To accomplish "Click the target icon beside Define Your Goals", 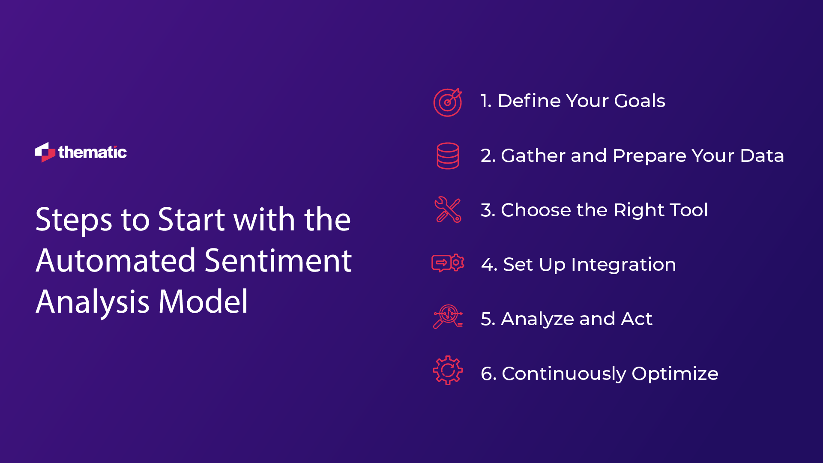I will pos(448,102).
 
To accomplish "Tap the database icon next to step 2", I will pos(448,156).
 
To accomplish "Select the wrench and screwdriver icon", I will pos(448,209).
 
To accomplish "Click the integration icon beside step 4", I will pos(448,263).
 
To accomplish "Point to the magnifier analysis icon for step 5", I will pos(448,317).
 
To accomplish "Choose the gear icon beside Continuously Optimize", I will pos(448,370).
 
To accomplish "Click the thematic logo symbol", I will pos(45,152).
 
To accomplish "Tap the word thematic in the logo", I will pos(93,152).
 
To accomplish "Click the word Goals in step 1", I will pos(639,101).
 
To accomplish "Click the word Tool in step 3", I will pos(688,210).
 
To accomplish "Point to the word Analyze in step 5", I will pos(537,319).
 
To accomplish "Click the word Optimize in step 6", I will pos(675,374).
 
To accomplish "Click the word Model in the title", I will pos(203,302).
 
